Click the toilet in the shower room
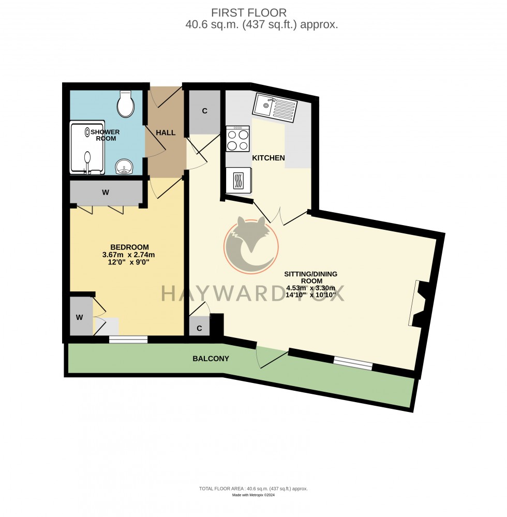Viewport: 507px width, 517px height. pyautogui.click(x=125, y=104)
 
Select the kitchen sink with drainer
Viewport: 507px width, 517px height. pyautogui.click(x=275, y=108)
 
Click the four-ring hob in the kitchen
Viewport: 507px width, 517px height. pyautogui.click(x=238, y=139)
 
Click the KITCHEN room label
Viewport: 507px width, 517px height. pyautogui.click(x=268, y=158)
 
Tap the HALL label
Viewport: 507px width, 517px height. pyautogui.click(x=166, y=133)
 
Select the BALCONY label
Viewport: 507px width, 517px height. pyautogui.click(x=211, y=358)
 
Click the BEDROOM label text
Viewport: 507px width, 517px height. pyautogui.click(x=129, y=247)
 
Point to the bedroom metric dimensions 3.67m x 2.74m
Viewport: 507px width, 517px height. pyautogui.click(x=129, y=255)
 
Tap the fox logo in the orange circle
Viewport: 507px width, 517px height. pyautogui.click(x=250, y=243)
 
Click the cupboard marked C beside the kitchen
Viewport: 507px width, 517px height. pyautogui.click(x=205, y=111)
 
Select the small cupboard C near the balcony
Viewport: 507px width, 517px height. pyautogui.click(x=199, y=328)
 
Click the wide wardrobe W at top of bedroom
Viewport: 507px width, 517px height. pyautogui.click(x=106, y=193)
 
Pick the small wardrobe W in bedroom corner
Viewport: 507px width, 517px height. pyautogui.click(x=80, y=317)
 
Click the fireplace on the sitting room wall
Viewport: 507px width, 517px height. pyautogui.click(x=418, y=304)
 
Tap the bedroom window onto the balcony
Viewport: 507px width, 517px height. pyautogui.click(x=128, y=339)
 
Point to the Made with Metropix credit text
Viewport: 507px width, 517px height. pyautogui.click(x=253, y=495)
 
